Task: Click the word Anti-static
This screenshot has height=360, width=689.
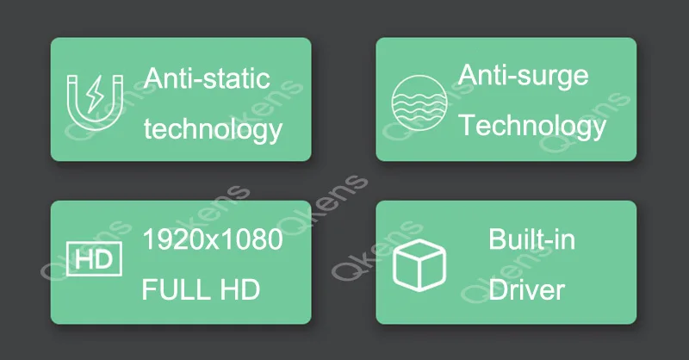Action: click(x=207, y=78)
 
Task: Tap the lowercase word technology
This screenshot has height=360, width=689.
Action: click(x=213, y=130)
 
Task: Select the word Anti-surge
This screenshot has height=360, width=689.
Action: click(x=523, y=75)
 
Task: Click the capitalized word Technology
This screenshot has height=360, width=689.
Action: click(x=531, y=126)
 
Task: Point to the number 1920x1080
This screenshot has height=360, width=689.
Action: click(x=213, y=239)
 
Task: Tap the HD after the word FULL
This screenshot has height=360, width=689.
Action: click(x=242, y=289)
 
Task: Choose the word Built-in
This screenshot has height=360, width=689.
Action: click(x=531, y=239)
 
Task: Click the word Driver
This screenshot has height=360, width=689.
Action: click(x=527, y=289)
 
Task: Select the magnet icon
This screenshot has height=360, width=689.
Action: click(x=94, y=99)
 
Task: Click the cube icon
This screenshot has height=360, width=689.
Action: click(x=419, y=264)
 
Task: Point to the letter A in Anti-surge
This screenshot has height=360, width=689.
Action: click(x=468, y=75)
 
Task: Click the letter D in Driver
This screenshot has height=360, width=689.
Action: click(x=497, y=289)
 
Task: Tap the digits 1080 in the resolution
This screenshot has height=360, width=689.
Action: click(x=253, y=239)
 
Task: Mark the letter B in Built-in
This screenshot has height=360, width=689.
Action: click(x=498, y=239)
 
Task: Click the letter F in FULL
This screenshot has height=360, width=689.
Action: click(x=149, y=289)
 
